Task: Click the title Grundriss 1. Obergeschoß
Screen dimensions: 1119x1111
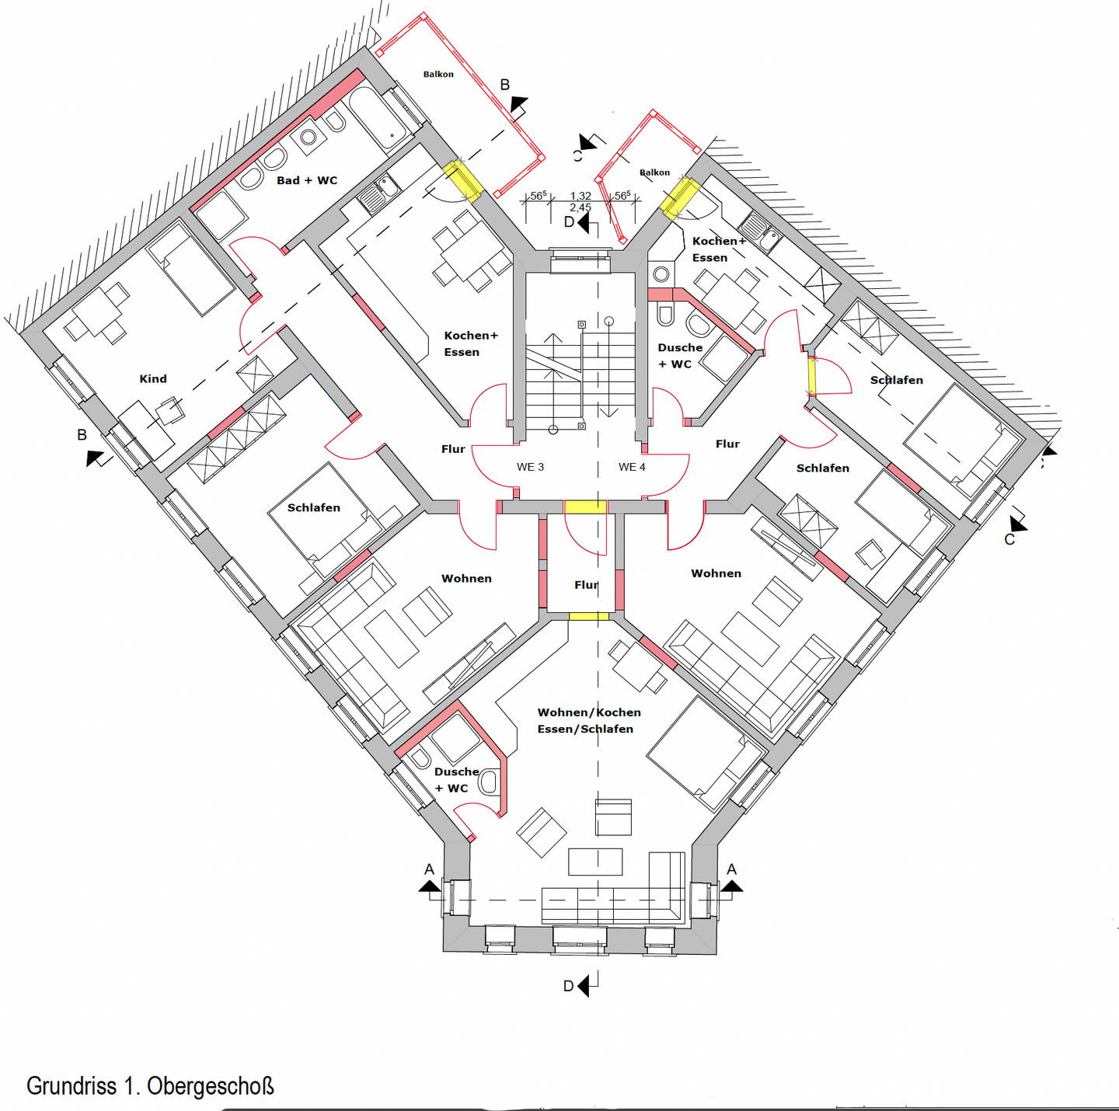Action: pyautogui.click(x=150, y=1085)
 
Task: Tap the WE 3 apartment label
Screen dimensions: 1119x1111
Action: pyautogui.click(x=530, y=467)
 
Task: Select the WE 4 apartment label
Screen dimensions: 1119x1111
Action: pyautogui.click(x=632, y=467)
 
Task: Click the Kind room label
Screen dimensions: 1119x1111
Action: pyautogui.click(x=153, y=379)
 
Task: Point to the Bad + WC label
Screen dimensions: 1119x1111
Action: pyautogui.click(x=307, y=180)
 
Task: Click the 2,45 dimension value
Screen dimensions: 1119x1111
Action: pyautogui.click(x=580, y=207)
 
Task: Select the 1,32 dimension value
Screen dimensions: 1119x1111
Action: pyautogui.click(x=580, y=197)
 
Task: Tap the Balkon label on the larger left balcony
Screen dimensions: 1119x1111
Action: pyautogui.click(x=438, y=75)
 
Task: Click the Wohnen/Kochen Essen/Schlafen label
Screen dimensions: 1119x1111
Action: pyautogui.click(x=589, y=720)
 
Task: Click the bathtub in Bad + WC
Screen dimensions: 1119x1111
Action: pyautogui.click(x=381, y=118)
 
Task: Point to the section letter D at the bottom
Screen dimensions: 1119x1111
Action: pyautogui.click(x=569, y=986)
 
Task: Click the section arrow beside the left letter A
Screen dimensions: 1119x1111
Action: pyautogui.click(x=430, y=886)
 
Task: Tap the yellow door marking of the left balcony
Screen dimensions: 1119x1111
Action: pyautogui.click(x=463, y=180)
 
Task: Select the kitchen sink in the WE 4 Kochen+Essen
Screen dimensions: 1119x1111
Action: pyautogui.click(x=762, y=232)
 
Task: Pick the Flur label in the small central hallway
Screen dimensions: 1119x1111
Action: pyautogui.click(x=586, y=585)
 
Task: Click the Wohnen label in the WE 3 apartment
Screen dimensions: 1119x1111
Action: pyautogui.click(x=466, y=579)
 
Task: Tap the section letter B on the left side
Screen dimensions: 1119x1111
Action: pyautogui.click(x=82, y=435)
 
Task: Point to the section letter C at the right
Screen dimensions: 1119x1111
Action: pyautogui.click(x=1009, y=539)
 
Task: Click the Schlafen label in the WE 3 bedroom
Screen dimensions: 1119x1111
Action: pyautogui.click(x=314, y=507)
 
